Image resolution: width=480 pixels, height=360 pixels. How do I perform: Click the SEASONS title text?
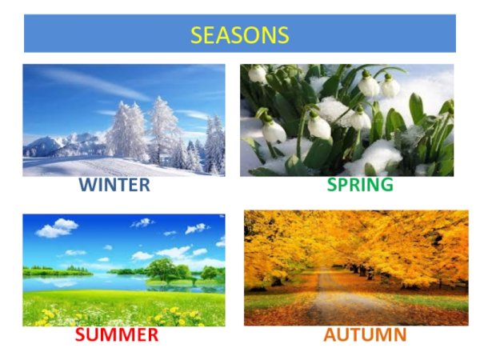point(239,35)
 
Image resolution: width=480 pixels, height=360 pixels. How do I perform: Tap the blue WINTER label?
point(114,186)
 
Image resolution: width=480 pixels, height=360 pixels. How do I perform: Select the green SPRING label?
point(360,185)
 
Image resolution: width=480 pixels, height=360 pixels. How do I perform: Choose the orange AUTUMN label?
point(365,334)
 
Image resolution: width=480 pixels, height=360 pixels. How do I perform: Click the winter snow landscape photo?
point(123,120)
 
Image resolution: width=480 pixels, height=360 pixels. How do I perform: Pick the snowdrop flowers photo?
point(346,120)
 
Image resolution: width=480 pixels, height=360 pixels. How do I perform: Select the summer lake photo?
point(123,270)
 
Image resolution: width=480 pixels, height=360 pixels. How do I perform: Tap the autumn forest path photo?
point(356,267)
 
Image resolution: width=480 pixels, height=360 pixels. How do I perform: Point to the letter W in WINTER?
point(86,186)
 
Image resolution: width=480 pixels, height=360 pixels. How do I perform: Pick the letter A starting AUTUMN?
point(330,334)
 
